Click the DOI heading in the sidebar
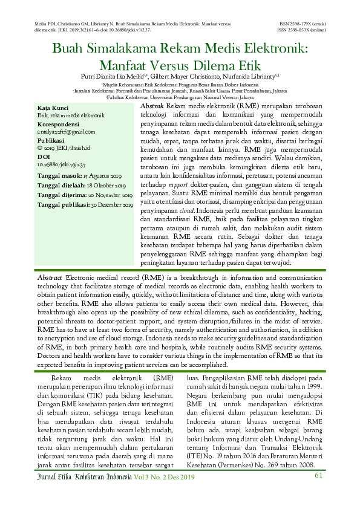click(44, 157)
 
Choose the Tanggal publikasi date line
click(85, 205)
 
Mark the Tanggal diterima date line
click(85, 195)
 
